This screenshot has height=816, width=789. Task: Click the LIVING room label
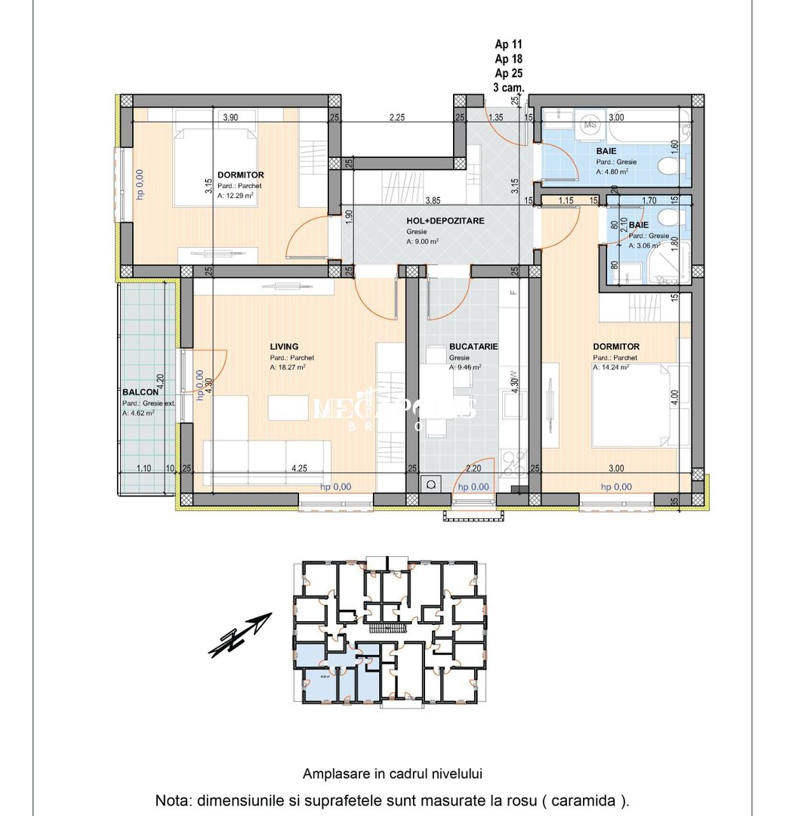pos(284,347)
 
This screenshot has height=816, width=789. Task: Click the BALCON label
pos(140,392)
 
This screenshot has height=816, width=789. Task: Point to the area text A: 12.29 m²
pos(235,195)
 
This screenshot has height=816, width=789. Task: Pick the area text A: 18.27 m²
pos(288,368)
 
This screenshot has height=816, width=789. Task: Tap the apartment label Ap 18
pos(508,59)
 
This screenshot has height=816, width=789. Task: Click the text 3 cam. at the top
pos(507,88)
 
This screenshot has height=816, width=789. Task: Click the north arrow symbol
pos(240,635)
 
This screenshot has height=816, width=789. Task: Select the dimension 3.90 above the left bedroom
pos(230,117)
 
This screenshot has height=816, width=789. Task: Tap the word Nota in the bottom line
pos(172,800)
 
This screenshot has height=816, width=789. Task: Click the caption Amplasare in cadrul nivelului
pos(393,773)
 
